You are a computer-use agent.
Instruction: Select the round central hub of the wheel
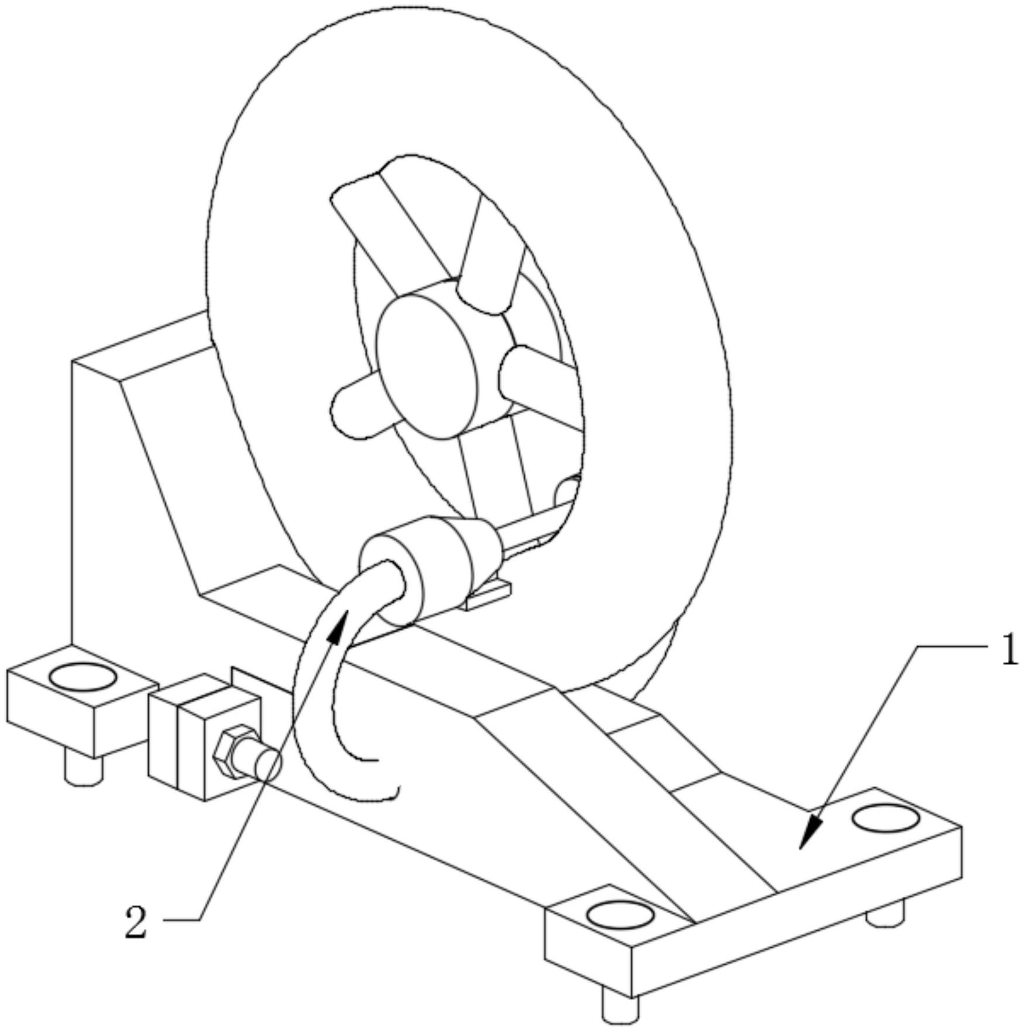[428, 366]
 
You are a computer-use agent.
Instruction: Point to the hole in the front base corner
[620, 915]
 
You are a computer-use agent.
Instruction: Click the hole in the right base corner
[885, 818]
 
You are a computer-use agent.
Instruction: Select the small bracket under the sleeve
[488, 595]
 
